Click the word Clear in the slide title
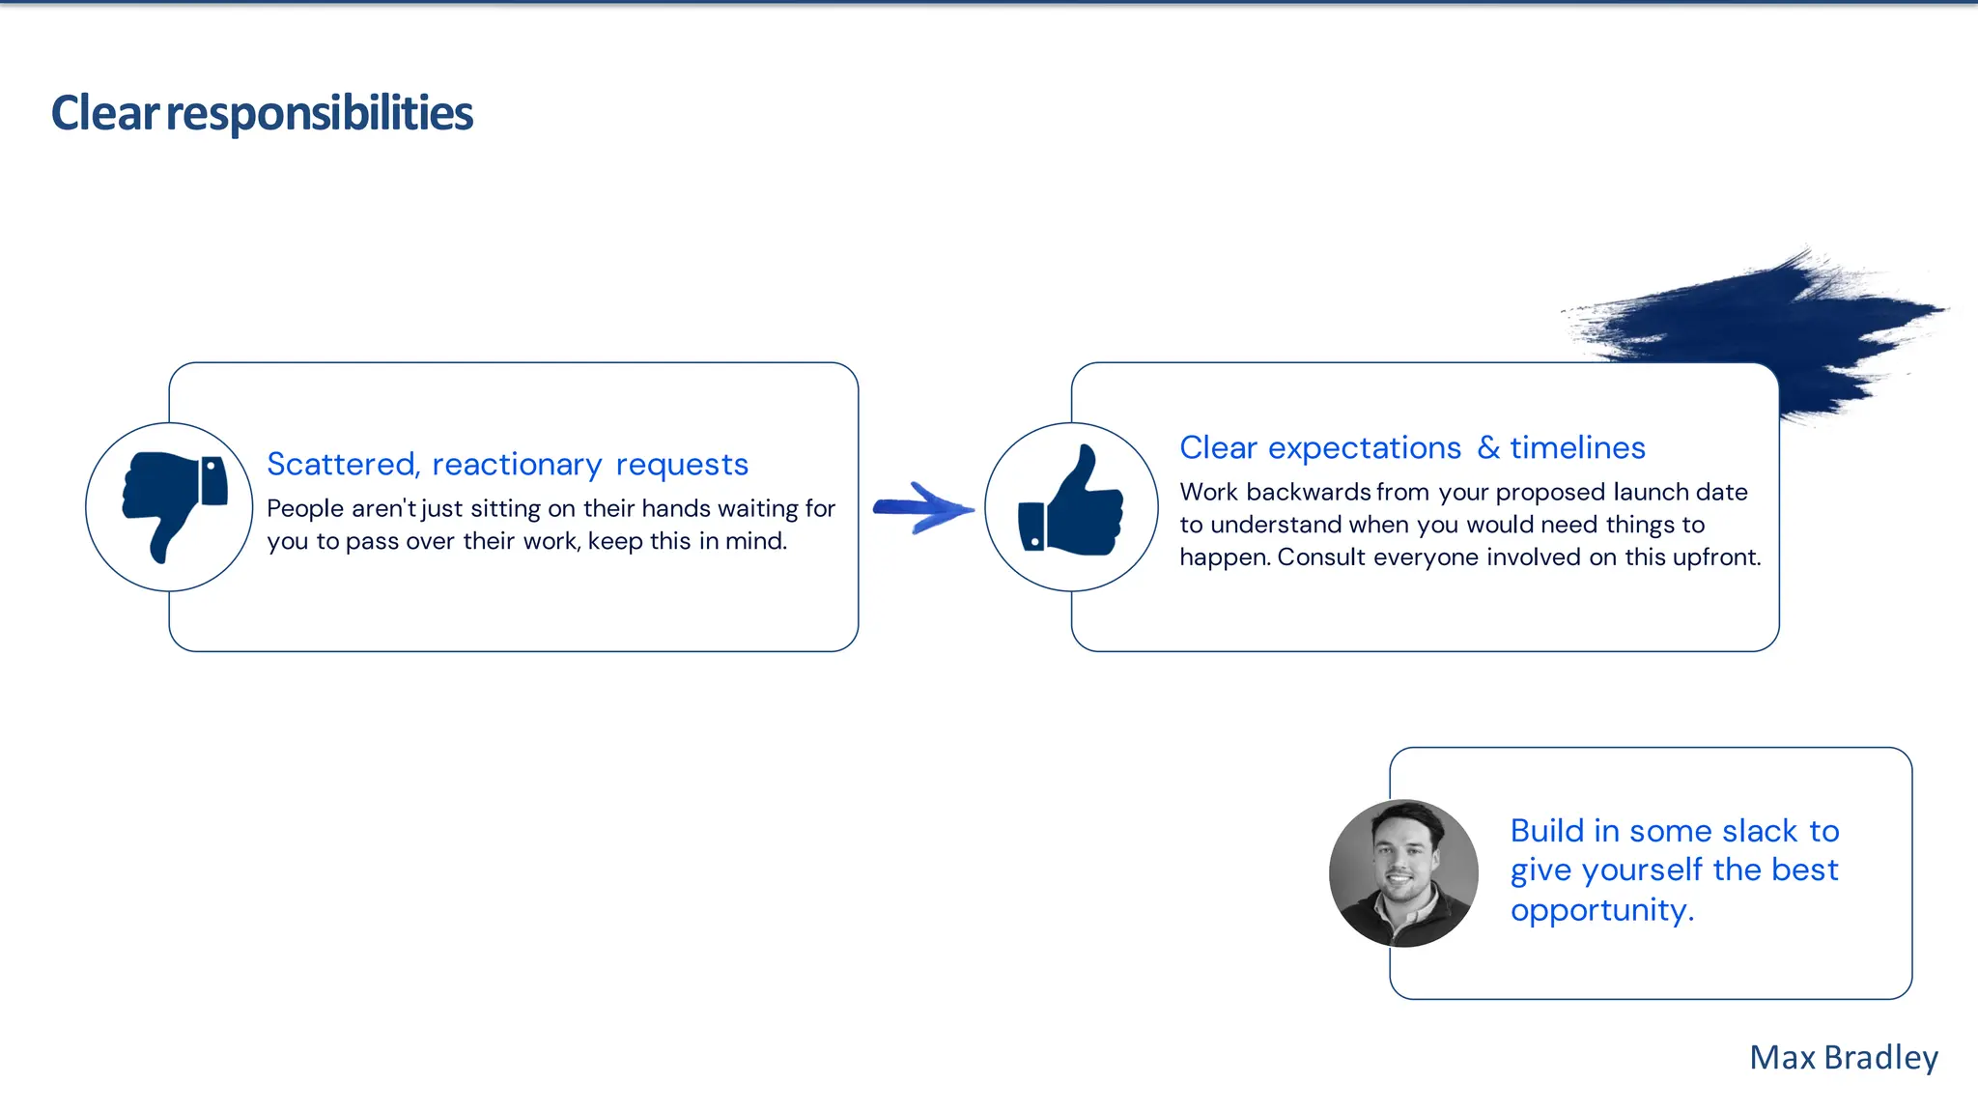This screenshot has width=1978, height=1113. coord(104,113)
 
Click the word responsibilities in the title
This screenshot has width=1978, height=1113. coord(320,113)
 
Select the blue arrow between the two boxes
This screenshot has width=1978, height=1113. coord(923,508)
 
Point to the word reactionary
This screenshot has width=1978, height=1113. coord(517,465)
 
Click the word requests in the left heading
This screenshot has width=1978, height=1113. coord(682,465)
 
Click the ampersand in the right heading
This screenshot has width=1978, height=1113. coord(1488,447)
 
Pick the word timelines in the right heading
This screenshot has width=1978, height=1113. coord(1577,447)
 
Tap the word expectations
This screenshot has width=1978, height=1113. coord(1364,448)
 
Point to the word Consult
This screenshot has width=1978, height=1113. coord(1320,557)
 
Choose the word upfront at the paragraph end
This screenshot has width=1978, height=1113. coord(1717,557)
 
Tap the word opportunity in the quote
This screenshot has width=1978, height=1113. coord(1600,910)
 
